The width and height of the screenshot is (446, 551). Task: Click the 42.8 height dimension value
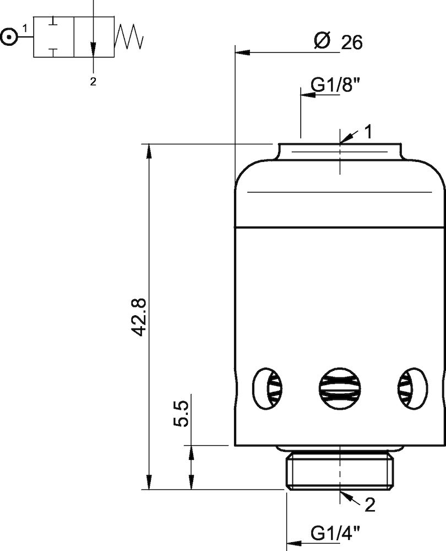[138, 317]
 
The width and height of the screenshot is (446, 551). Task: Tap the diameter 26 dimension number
[352, 42]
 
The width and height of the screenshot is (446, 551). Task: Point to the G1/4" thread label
[335, 533]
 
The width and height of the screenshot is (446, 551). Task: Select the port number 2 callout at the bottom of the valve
[369, 505]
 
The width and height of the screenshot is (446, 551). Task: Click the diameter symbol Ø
[322, 41]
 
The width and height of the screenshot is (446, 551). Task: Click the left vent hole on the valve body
[267, 388]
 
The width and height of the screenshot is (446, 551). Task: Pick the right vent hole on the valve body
[412, 388]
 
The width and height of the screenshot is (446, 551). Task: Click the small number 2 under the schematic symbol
[93, 82]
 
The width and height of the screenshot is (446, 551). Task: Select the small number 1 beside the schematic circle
[25, 28]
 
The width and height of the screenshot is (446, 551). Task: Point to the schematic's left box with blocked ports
[53, 37]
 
